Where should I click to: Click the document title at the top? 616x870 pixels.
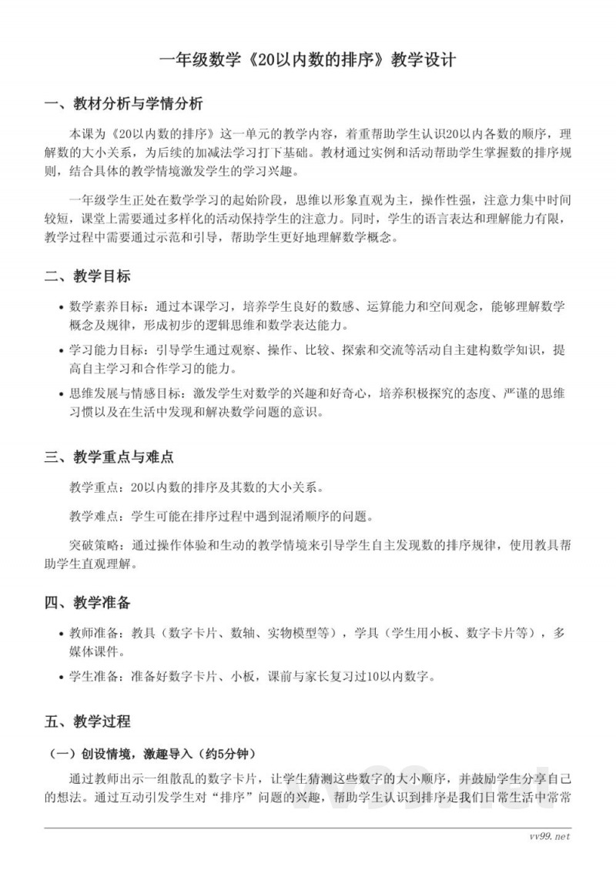[x=307, y=60]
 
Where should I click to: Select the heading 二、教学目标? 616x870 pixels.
[x=87, y=276]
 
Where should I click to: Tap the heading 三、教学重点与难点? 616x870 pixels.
[x=109, y=457]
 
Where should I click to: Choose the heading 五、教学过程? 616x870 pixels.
[x=87, y=721]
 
